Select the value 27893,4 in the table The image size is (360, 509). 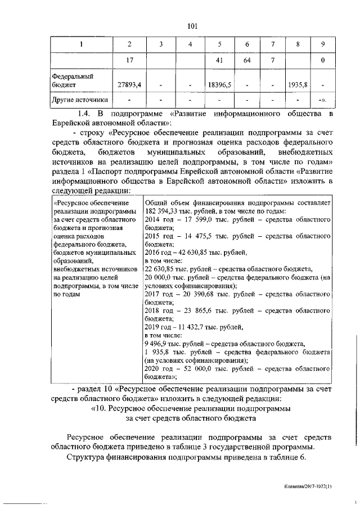[x=129, y=84]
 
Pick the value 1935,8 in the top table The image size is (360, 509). [x=296, y=84]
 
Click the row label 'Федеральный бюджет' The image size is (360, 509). [x=73, y=79]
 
